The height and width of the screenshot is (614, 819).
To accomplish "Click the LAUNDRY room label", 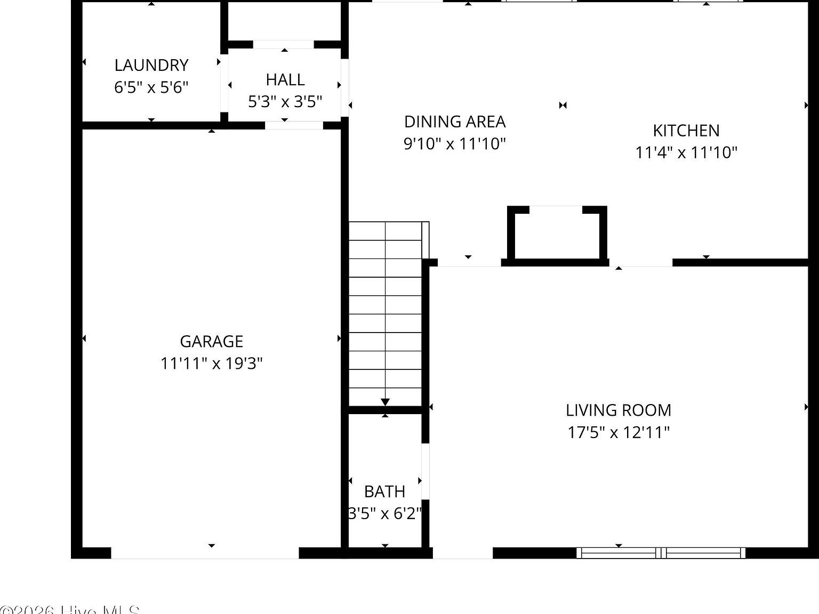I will [151, 65].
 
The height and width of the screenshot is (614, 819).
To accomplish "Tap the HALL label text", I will [285, 79].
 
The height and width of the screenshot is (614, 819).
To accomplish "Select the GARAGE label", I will [212, 341].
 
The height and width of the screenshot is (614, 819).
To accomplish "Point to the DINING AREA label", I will [455, 122].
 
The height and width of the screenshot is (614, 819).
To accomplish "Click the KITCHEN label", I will [686, 131].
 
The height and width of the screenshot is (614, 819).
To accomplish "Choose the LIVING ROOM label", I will [619, 410].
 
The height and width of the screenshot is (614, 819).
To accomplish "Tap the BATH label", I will [384, 491].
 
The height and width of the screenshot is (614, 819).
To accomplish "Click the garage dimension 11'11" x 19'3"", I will [212, 363].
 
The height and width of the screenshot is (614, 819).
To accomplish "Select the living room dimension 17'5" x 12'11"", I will [619, 432].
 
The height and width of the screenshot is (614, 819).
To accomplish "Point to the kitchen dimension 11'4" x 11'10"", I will [686, 152].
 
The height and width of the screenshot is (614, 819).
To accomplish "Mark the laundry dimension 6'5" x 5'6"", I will [151, 87].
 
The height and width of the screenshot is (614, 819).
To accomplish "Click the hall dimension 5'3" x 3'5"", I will [285, 101].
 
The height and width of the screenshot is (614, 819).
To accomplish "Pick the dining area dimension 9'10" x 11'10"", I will [455, 143].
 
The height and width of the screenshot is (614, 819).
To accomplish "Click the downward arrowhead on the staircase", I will [386, 402].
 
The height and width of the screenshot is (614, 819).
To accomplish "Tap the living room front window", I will [661, 553].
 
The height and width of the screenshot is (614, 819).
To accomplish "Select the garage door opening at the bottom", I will [205, 553].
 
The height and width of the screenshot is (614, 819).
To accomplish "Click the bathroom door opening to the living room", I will [425, 471].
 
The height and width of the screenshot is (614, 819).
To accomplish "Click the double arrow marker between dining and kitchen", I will [563, 106].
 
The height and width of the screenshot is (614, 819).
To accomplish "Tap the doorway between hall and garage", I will [294, 126].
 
